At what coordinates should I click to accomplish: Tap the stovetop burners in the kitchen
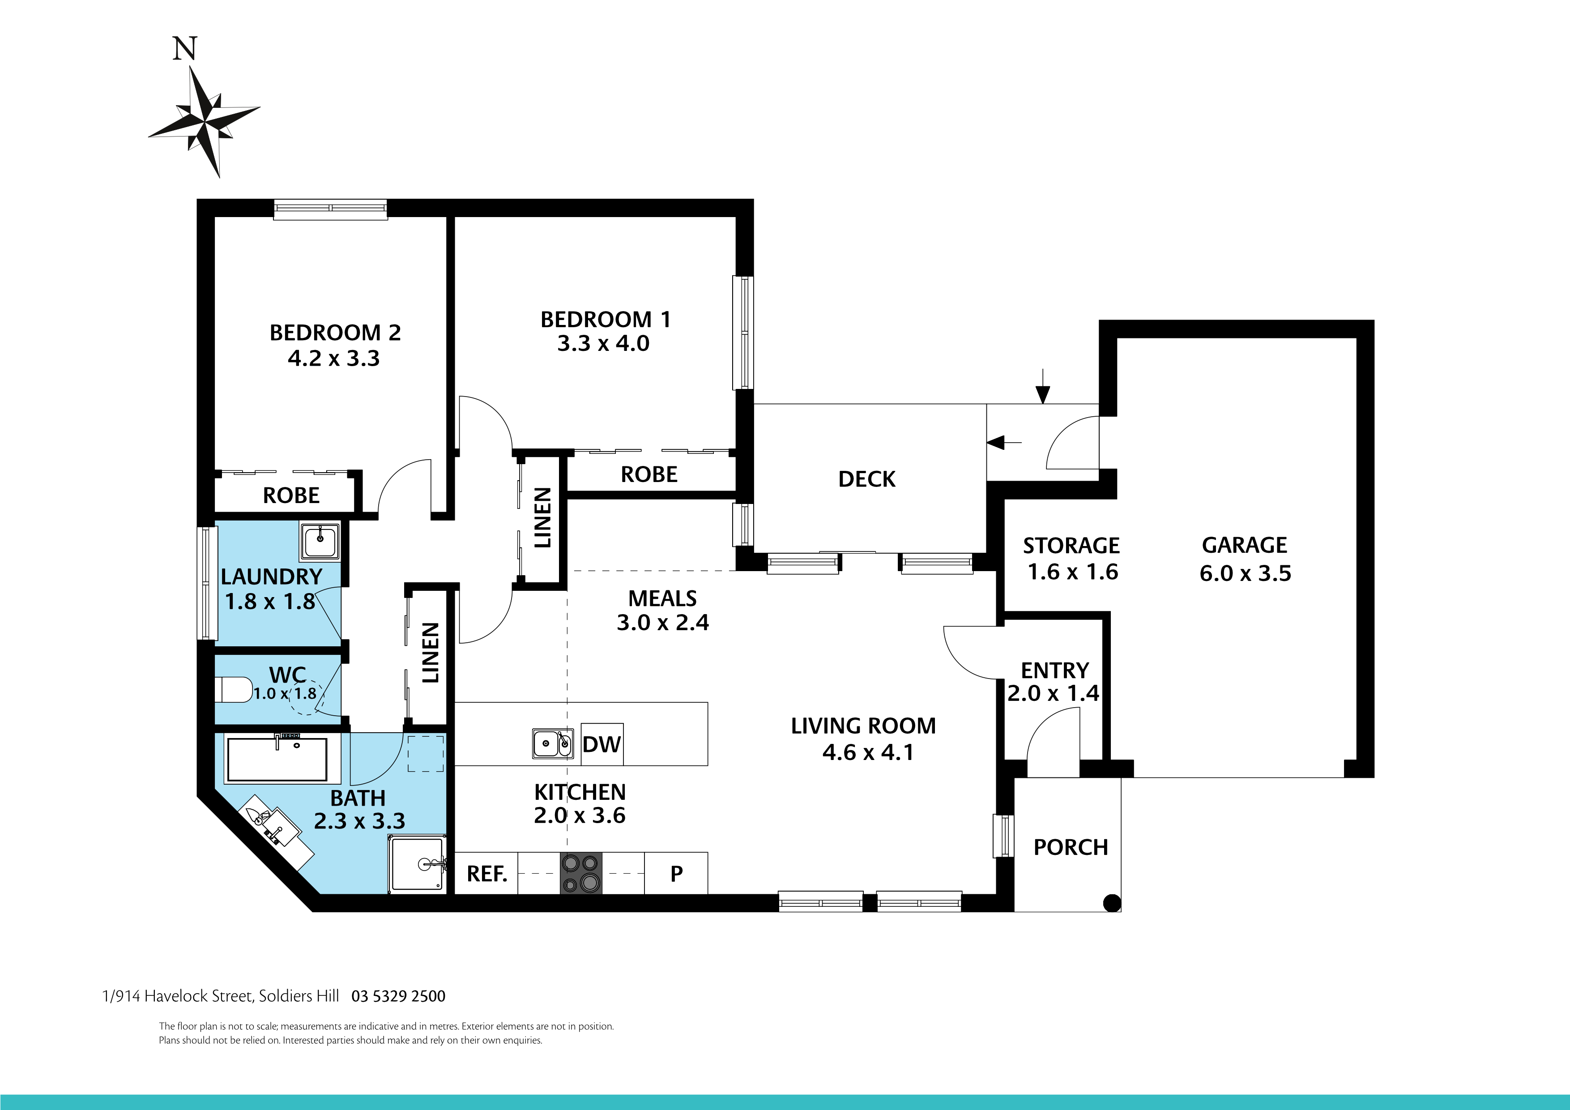tap(581, 873)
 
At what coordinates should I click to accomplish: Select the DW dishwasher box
tap(602, 744)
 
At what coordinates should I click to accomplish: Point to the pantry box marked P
tap(676, 873)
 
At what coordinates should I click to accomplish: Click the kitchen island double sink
tap(553, 743)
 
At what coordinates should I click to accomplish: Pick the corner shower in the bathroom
tap(417, 865)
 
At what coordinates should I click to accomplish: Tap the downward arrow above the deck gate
tap(1042, 388)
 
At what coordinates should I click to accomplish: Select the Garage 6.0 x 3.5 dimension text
tap(1245, 573)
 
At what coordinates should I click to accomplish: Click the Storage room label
tap(1071, 546)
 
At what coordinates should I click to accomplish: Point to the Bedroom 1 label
tap(605, 320)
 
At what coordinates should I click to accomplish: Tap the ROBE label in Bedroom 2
tap(291, 495)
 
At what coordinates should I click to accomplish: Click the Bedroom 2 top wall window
tap(330, 209)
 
